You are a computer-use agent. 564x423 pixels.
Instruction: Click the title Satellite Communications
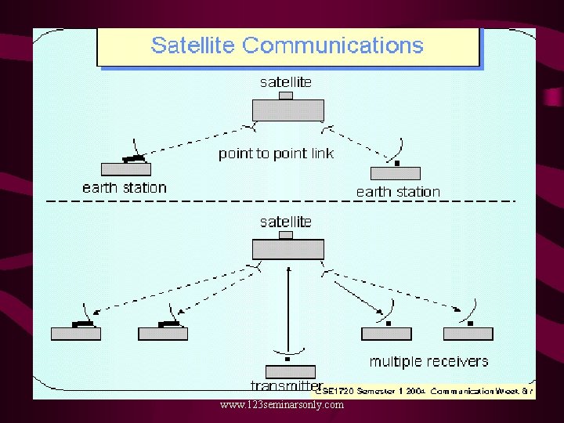(287, 45)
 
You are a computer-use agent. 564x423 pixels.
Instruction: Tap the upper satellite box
(287, 110)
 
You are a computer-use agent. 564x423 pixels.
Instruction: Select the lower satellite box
(287, 249)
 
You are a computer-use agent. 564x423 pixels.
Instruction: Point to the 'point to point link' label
(276, 154)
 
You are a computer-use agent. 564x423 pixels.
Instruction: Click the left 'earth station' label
(125, 188)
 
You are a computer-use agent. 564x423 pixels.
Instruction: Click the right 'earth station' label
(398, 192)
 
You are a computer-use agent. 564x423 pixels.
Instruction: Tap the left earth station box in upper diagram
(126, 169)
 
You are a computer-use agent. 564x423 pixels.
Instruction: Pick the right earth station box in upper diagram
(395, 174)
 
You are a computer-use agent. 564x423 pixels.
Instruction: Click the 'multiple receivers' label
(428, 362)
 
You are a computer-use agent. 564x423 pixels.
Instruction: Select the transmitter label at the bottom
(287, 385)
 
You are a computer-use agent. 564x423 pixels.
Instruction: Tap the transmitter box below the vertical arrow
(290, 371)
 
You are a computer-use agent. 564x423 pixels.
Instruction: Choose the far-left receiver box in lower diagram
(76, 334)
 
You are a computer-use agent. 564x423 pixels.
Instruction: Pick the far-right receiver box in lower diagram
(468, 334)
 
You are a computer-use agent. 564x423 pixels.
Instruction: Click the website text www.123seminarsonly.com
(282, 405)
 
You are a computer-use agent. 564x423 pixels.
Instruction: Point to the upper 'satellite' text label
(285, 82)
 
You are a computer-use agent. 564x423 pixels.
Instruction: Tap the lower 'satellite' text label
(285, 222)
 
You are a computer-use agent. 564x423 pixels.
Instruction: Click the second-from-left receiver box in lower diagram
(163, 334)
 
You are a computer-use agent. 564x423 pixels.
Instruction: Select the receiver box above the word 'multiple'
(386, 334)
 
